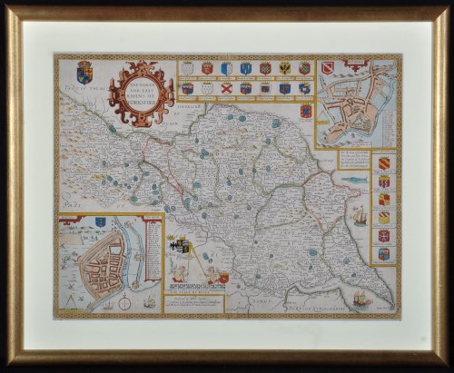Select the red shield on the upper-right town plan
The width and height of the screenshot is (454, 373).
click(328, 67)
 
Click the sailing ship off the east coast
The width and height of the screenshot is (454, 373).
click(360, 216)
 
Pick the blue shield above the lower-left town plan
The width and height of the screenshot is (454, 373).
click(100, 221)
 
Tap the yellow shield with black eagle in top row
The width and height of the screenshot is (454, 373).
click(285, 68)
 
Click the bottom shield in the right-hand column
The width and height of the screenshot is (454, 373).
click(383, 254)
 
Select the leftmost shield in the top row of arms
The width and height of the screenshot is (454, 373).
click(187, 68)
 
